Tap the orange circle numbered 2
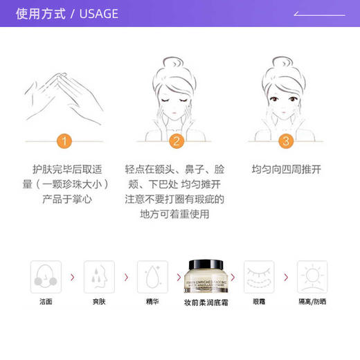[177, 141]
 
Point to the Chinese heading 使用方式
[41, 14]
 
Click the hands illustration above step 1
[62, 93]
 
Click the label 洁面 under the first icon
[46, 303]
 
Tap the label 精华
[152, 303]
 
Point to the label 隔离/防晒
[312, 303]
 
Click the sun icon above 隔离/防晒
[312, 276]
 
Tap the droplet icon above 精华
[152, 276]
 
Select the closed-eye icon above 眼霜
[259, 276]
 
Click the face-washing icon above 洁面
[46, 276]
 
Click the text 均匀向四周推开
[286, 169]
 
